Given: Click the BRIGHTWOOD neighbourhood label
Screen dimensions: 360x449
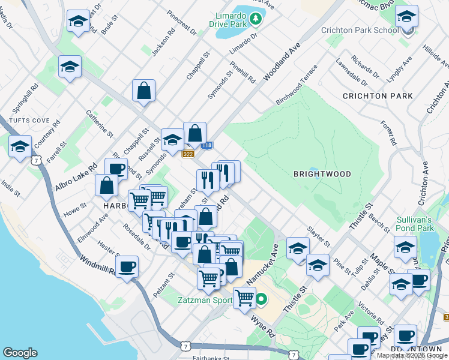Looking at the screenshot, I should click(322, 173).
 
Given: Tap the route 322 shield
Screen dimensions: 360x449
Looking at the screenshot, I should click(188, 154).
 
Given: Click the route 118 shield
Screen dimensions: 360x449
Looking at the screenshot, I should click(206, 146).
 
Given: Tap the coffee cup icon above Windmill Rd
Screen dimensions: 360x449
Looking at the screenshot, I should click(127, 266).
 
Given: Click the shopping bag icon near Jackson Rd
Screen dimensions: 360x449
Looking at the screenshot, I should click(144, 91).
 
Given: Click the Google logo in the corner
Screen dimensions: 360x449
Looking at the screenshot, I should click(20, 353).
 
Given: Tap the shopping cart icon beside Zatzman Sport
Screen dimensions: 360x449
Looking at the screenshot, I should click(244, 296).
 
